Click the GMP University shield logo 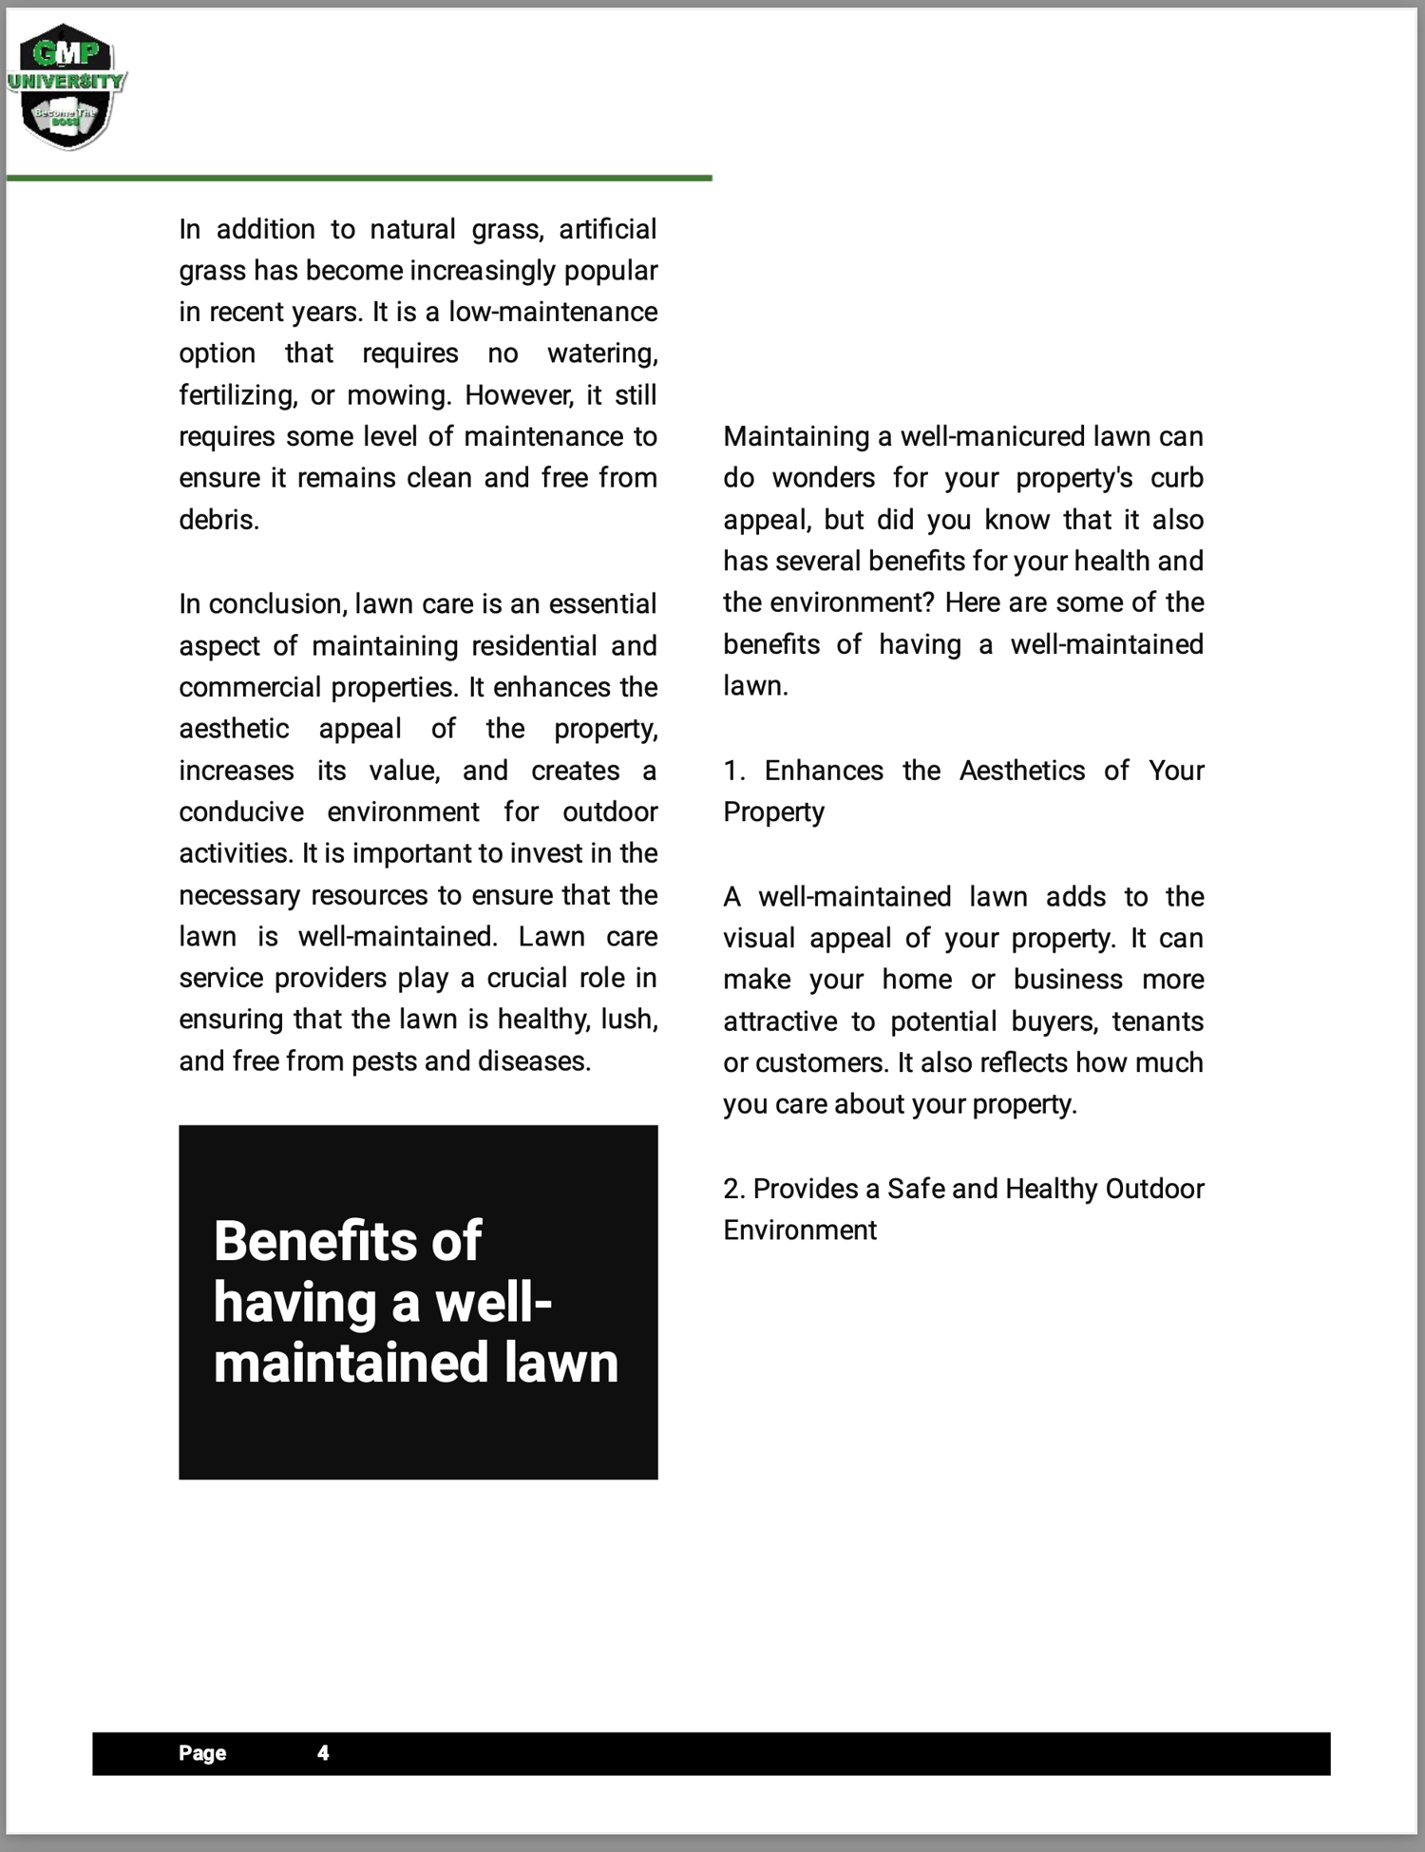click(66, 86)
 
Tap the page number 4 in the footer click(323, 1753)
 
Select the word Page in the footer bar click(202, 1753)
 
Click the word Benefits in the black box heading click(313, 1241)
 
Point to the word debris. click(218, 520)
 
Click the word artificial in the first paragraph click(608, 229)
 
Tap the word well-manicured click(992, 436)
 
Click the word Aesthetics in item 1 click(1021, 770)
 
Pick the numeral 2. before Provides click(733, 1189)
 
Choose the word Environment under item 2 click(800, 1230)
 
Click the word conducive click(241, 811)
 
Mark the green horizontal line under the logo click(359, 178)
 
